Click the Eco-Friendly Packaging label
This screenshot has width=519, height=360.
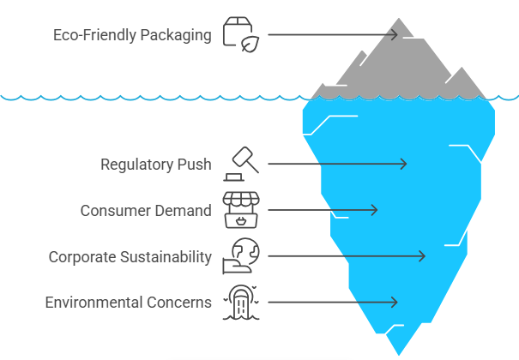[132, 35]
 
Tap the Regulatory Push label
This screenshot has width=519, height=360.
[155, 164]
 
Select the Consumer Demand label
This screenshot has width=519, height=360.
[146, 210]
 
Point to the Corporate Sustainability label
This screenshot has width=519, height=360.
[130, 256]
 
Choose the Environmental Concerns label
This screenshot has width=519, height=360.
[128, 302]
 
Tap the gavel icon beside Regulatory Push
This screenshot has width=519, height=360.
[241, 164]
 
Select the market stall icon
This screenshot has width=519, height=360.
[241, 210]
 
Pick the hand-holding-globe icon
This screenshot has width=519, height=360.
[241, 255]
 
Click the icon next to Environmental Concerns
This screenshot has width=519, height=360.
[241, 302]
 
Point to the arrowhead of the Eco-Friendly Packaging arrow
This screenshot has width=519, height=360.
[395, 34]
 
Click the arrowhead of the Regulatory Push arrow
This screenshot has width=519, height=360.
[404, 164]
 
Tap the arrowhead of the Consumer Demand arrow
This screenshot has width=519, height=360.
[374, 210]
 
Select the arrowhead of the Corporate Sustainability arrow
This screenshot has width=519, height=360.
[423, 255]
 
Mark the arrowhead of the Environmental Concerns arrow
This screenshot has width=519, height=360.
[395, 302]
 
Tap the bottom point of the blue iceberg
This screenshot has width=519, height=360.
[397, 352]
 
